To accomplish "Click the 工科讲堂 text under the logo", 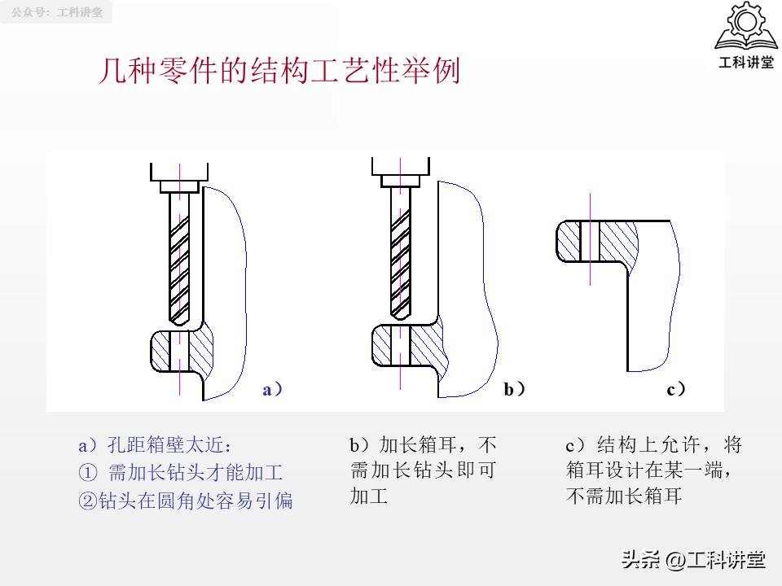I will click(x=745, y=63).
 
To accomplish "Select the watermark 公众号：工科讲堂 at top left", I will click(x=57, y=13).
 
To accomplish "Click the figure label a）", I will click(x=273, y=390).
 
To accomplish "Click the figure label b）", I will click(x=514, y=390).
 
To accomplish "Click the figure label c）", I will click(x=676, y=390).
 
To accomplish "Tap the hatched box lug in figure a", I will click(x=182, y=350).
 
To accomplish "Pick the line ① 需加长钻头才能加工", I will click(x=180, y=473).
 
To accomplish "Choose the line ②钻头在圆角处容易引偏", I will click(x=185, y=501).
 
